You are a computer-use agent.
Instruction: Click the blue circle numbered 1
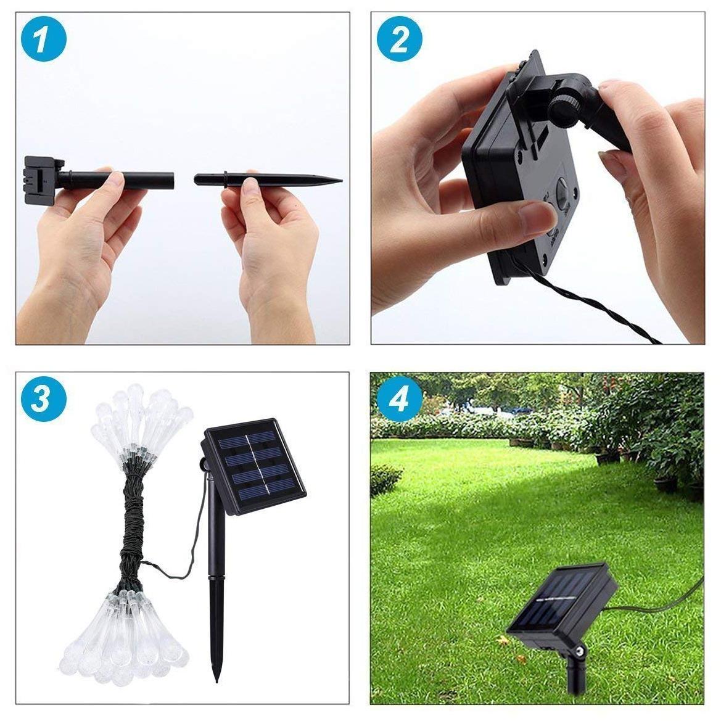click(43, 41)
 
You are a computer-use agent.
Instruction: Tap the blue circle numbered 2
click(400, 41)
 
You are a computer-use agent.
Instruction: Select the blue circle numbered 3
click(43, 400)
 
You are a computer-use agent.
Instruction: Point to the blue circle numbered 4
click(400, 400)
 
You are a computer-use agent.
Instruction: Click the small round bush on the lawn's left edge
click(385, 478)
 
